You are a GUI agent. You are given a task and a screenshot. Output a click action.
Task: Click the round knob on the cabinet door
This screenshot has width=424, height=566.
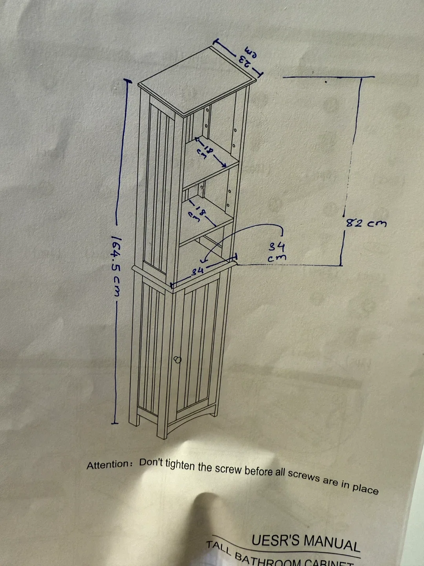[x=177, y=359]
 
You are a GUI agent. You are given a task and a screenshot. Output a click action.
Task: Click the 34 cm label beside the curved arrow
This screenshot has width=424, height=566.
[x=277, y=252]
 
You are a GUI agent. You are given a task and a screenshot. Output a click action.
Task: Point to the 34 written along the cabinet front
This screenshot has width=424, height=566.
[x=197, y=271]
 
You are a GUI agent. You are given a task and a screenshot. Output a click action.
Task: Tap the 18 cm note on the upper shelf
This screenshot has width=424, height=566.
[x=207, y=152]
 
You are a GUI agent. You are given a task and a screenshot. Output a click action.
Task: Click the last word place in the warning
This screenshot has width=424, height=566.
[x=365, y=489]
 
